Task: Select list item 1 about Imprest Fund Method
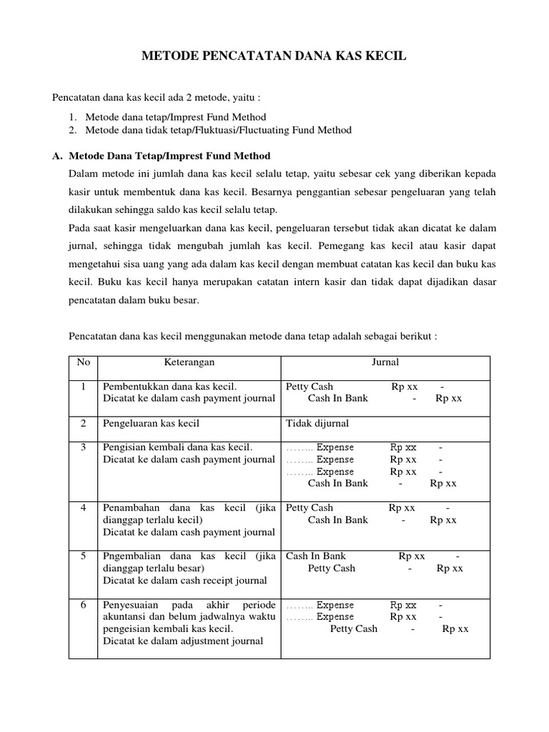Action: point(175,117)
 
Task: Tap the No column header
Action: point(84,362)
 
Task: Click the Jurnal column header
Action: point(385,362)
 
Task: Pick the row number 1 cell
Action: point(84,387)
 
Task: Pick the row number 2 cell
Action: point(84,423)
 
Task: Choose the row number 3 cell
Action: point(84,447)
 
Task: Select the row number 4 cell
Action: point(84,508)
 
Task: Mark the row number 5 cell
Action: point(84,556)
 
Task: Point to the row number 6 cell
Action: point(84,605)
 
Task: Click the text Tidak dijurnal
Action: point(317,423)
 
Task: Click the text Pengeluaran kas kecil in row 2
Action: point(151,423)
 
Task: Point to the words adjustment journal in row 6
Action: point(228,641)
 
